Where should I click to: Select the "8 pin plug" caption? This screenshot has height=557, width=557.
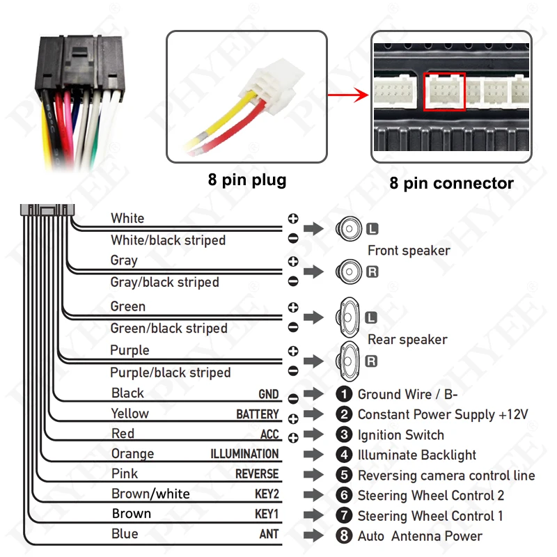(246, 180)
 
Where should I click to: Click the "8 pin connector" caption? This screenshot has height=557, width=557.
(451, 183)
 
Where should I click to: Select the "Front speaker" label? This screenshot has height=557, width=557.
(409, 251)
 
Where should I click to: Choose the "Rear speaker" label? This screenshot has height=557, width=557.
(407, 340)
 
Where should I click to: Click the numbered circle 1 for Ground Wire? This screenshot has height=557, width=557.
(344, 395)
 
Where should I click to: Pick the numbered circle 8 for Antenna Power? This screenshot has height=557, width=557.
(344, 536)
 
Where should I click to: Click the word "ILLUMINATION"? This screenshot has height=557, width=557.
(244, 454)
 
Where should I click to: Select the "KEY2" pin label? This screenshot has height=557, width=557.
(267, 494)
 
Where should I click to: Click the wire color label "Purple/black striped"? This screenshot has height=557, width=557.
(170, 372)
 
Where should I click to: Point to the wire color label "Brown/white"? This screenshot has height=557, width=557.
(150, 494)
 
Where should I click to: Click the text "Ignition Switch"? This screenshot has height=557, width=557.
(400, 435)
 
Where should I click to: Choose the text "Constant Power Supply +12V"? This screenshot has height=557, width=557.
(443, 414)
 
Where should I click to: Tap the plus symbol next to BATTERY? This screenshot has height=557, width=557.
(292, 418)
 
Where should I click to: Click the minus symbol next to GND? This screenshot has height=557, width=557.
(292, 398)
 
